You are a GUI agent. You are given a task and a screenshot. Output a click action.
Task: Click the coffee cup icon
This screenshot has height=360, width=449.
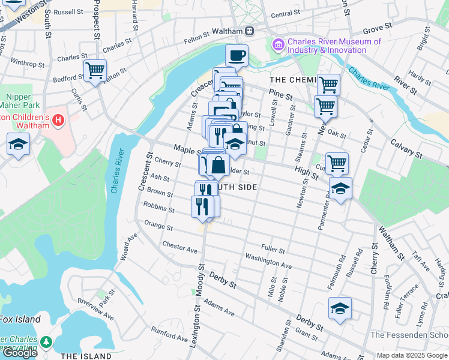click(237, 56)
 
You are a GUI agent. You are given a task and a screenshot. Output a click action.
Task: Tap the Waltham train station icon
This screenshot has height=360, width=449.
click(249, 31)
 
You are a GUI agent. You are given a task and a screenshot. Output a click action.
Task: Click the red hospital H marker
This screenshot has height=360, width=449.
click(58, 121)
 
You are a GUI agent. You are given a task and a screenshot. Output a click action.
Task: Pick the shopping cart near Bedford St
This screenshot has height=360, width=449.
click(95, 71)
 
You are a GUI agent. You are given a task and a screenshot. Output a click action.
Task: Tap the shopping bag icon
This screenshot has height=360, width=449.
click(219, 165)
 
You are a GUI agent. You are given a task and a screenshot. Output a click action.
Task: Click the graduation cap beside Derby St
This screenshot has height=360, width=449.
click(340, 308)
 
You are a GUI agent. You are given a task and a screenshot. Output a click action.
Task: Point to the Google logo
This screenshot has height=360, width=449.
click(20, 353)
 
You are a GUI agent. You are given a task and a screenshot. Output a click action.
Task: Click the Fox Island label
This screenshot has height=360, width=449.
click(20, 319)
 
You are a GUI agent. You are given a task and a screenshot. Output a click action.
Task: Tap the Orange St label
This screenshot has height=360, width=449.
click(158, 226)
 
